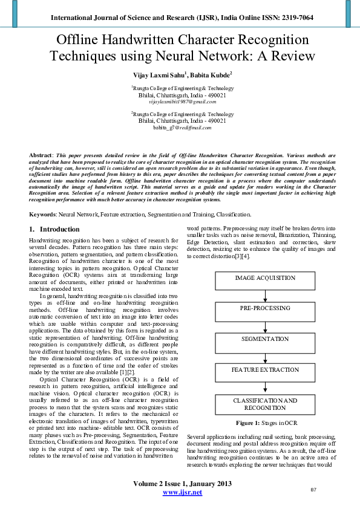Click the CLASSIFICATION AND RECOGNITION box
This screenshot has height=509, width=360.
pos(264,404)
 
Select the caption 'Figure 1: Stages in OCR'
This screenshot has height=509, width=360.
pos(266,423)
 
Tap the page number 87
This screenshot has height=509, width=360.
pos(313,489)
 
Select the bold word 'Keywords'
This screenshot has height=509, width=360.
pos(42,215)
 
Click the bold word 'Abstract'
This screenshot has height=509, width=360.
pos(41,155)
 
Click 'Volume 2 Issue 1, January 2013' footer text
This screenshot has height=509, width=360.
pos(182,484)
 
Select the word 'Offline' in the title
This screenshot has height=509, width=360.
pos(82,41)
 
